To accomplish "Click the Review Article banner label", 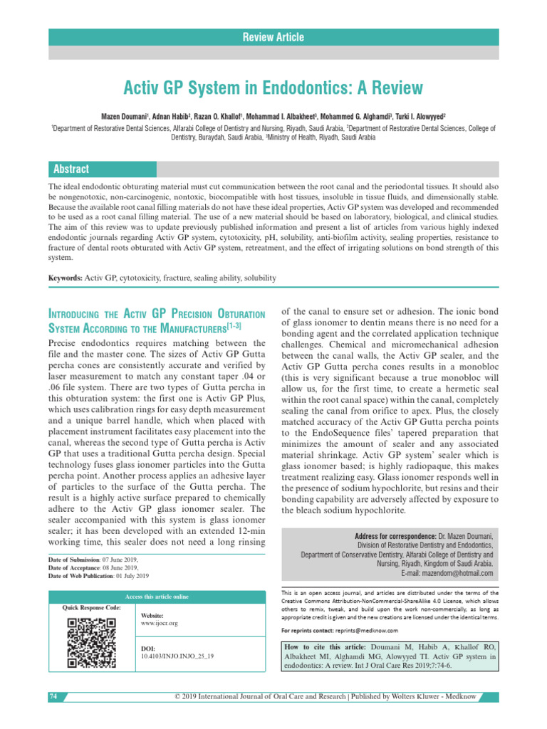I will point(273,37).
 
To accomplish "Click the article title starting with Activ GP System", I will point(273,88).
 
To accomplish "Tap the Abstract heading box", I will point(71,169).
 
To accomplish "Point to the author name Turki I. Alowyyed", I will point(415,115).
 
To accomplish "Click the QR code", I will point(91,643).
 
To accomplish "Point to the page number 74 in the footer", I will point(53,696).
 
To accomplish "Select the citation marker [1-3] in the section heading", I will point(234,325).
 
